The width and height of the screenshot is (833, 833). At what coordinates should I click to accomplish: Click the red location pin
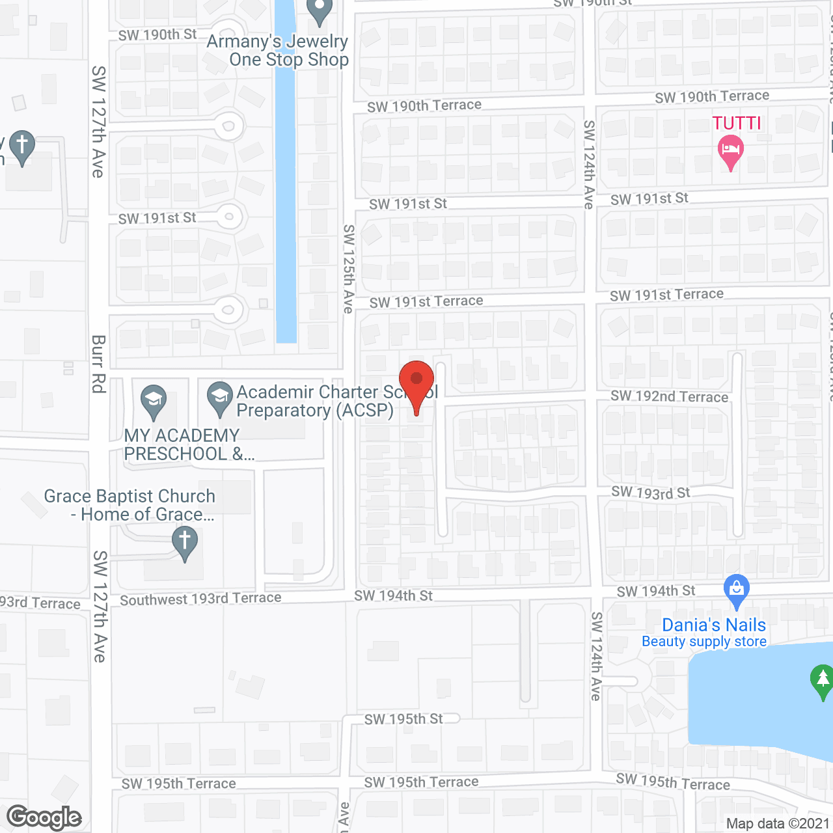pyautogui.click(x=416, y=383)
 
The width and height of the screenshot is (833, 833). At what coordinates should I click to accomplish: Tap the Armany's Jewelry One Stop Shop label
pyautogui.click(x=279, y=51)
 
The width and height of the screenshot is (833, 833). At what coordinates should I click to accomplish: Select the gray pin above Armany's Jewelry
pyautogui.click(x=319, y=10)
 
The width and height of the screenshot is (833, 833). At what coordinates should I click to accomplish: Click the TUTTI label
pyautogui.click(x=736, y=123)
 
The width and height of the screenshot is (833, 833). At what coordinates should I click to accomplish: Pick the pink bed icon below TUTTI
pyautogui.click(x=730, y=150)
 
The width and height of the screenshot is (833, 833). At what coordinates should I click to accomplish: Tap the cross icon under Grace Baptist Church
pyautogui.click(x=185, y=541)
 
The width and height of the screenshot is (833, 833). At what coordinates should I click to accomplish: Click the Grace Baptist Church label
pyautogui.click(x=130, y=505)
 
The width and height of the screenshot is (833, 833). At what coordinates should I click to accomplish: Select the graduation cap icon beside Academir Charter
pyautogui.click(x=220, y=397)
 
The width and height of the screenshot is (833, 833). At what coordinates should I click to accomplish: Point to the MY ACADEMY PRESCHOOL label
pyautogui.click(x=182, y=444)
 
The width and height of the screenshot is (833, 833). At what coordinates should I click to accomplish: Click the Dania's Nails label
pyautogui.click(x=713, y=625)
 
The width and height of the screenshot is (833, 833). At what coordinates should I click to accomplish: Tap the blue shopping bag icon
pyautogui.click(x=736, y=590)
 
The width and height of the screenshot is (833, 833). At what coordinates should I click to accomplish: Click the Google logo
pyautogui.click(x=44, y=817)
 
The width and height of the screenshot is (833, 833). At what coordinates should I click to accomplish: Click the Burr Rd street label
pyautogui.click(x=98, y=364)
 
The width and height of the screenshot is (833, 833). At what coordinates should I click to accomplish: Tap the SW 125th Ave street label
pyautogui.click(x=349, y=269)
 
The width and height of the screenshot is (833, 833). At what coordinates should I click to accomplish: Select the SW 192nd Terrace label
pyautogui.click(x=669, y=396)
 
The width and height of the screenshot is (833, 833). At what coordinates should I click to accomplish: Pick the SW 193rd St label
pyautogui.click(x=650, y=493)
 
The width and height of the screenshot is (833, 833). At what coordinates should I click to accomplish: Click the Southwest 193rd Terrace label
pyautogui.click(x=200, y=599)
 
